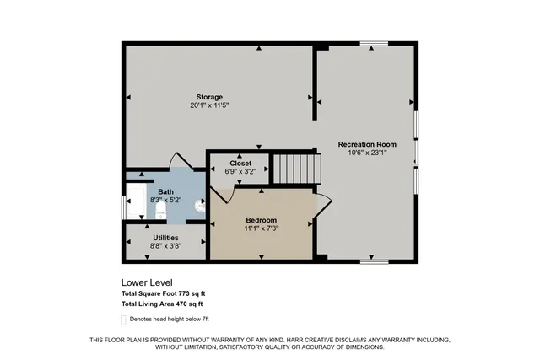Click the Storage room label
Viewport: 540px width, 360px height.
(209, 97)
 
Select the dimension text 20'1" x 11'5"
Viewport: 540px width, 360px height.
(209, 106)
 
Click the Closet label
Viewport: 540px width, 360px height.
(240, 163)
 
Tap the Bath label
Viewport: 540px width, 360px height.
(165, 192)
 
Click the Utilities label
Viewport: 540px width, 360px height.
(165, 239)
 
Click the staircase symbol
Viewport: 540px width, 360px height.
(296, 168)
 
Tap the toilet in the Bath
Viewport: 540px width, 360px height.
(200, 204)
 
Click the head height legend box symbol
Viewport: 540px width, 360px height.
(124, 320)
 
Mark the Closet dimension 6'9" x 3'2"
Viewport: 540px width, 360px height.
(240, 171)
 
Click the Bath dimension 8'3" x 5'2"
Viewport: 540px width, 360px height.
(165, 201)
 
